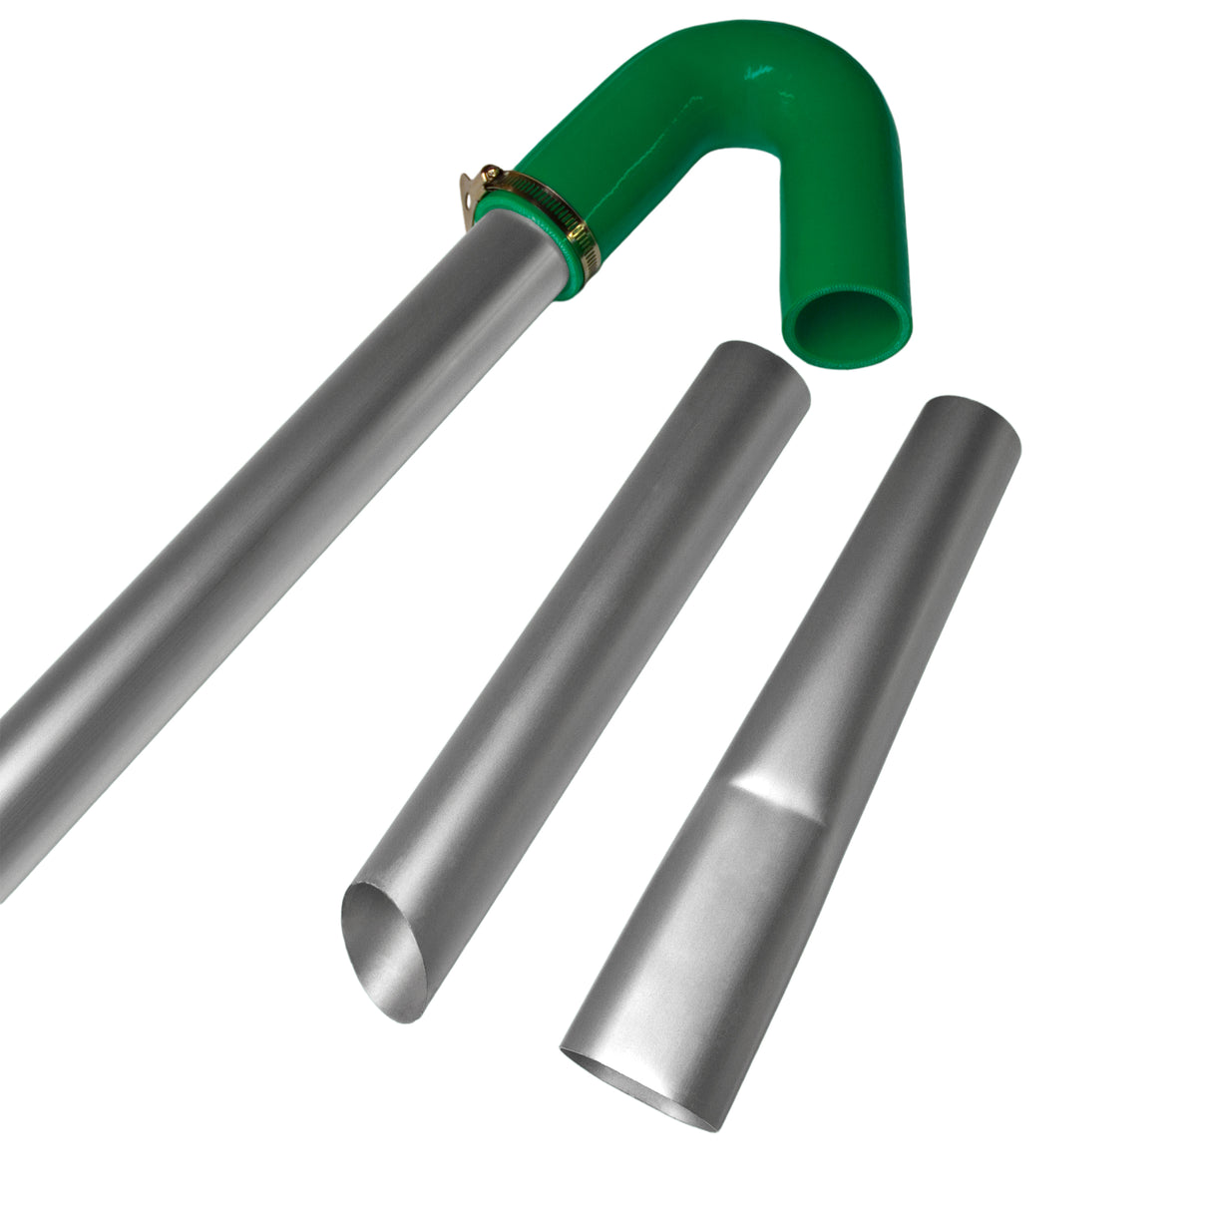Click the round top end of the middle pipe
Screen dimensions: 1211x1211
point(754,372)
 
